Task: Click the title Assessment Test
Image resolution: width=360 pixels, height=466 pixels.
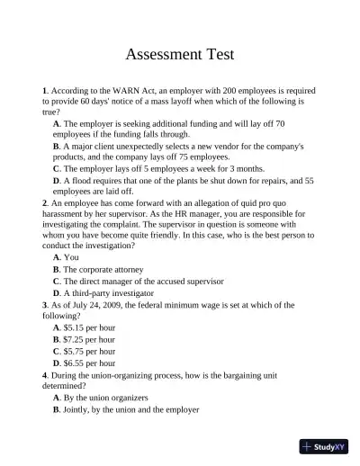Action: coord(179,54)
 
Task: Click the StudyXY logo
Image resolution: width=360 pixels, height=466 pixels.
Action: coord(323,445)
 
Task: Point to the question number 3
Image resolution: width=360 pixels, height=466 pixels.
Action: coord(44,304)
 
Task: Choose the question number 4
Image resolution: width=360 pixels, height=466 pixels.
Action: coord(44,373)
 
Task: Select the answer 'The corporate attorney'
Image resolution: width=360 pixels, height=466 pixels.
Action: coord(106,269)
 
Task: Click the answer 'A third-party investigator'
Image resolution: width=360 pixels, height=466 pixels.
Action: coord(109,292)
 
